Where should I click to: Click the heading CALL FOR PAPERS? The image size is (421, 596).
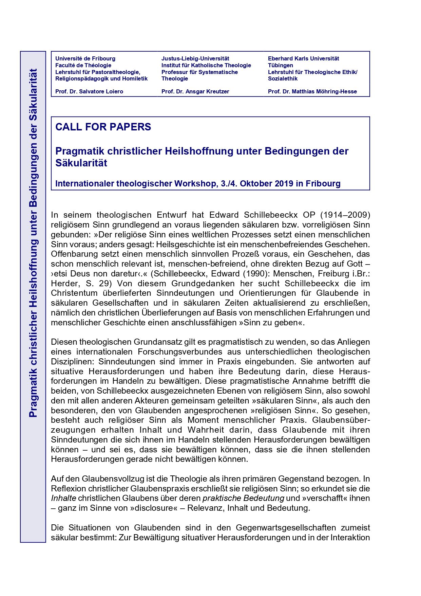pyautogui.click(x=103, y=127)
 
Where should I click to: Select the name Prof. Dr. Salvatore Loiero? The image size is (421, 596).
pyautogui.click(x=89, y=91)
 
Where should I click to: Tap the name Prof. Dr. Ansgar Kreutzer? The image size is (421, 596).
pyautogui.click(x=195, y=91)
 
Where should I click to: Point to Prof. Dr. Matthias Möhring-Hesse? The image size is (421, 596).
pyautogui.click(x=312, y=91)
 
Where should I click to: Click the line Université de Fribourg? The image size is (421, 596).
pyautogui.click(x=85, y=58)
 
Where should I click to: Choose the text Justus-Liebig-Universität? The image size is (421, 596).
pyautogui.click(x=195, y=58)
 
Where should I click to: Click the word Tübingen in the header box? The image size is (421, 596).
pyautogui.click(x=280, y=65)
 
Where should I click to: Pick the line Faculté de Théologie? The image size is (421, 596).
pyautogui.click(x=83, y=65)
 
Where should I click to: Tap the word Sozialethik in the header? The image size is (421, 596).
pyautogui.click(x=283, y=78)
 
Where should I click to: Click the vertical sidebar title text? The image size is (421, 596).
pyautogui.click(x=33, y=243)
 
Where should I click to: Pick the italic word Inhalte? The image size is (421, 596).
pyautogui.click(x=63, y=499)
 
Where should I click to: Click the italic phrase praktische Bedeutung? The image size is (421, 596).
pyautogui.click(x=243, y=499)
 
